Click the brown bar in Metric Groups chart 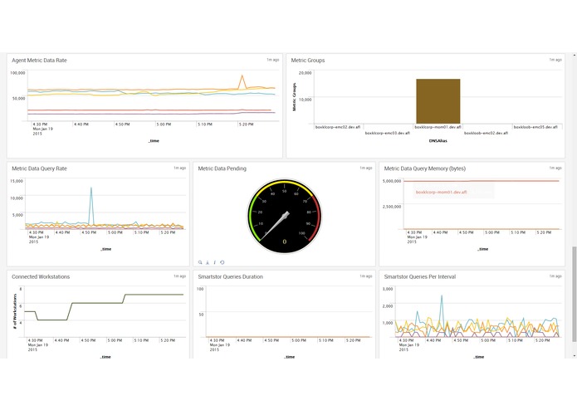tap(438, 101)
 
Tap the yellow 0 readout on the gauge tap(284, 242)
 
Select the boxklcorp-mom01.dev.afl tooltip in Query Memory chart tap(441, 192)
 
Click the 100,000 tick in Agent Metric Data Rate tap(17, 72)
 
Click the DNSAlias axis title tap(438, 141)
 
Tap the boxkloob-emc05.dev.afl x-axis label tap(536, 127)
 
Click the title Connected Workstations tap(41, 276)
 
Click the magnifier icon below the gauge tap(200, 262)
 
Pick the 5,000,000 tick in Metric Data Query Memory tap(393, 180)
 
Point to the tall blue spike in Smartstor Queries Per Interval tap(442, 296)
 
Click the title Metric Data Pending tap(222, 168)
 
